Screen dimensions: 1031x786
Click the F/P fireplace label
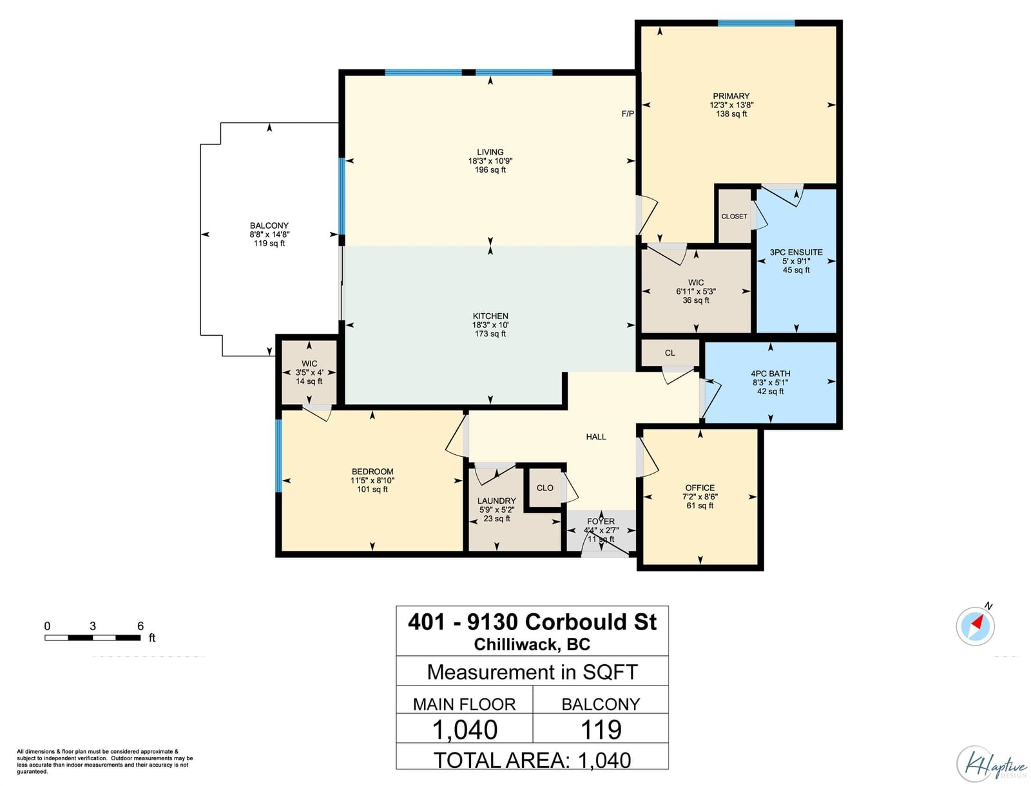[x=628, y=113]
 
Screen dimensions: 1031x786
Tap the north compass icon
[x=975, y=626]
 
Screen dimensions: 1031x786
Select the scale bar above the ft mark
[x=93, y=638]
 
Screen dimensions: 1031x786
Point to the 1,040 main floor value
[x=465, y=730]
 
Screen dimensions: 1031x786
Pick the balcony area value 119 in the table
[x=601, y=730]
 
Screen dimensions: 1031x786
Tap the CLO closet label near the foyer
[x=545, y=488]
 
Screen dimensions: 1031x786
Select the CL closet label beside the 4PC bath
[x=670, y=352]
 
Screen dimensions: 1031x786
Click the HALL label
[x=596, y=437]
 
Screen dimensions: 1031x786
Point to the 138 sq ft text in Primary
[x=731, y=113]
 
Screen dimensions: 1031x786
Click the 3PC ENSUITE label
[x=796, y=252]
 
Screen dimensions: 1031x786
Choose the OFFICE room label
[x=700, y=488]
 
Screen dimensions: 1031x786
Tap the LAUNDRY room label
[x=496, y=501]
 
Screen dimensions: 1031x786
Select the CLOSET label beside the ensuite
[x=734, y=216]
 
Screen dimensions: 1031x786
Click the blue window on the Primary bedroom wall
[x=756, y=23]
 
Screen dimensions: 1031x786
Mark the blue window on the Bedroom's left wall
[x=278, y=455]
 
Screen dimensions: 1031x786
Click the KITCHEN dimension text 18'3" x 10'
[x=490, y=325]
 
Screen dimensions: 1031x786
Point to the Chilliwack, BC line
[x=532, y=644]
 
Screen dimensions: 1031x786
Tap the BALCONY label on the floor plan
[x=269, y=225]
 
